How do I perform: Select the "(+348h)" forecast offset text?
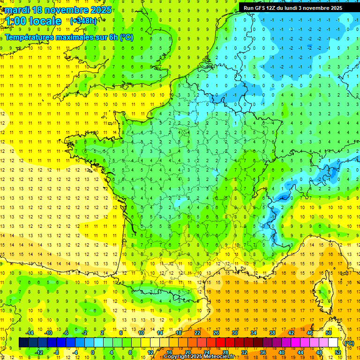pos(83,21)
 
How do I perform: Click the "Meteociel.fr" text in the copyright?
pos(216,357)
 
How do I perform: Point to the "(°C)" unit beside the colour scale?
pos(349,343)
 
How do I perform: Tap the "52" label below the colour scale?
pos(337,352)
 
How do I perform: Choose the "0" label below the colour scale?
pos(93,352)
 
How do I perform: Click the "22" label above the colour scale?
pos(197,333)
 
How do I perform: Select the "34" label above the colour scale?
pos(254,333)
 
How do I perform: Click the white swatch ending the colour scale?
pos(333,343)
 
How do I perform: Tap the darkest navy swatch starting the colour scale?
pos(23,343)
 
